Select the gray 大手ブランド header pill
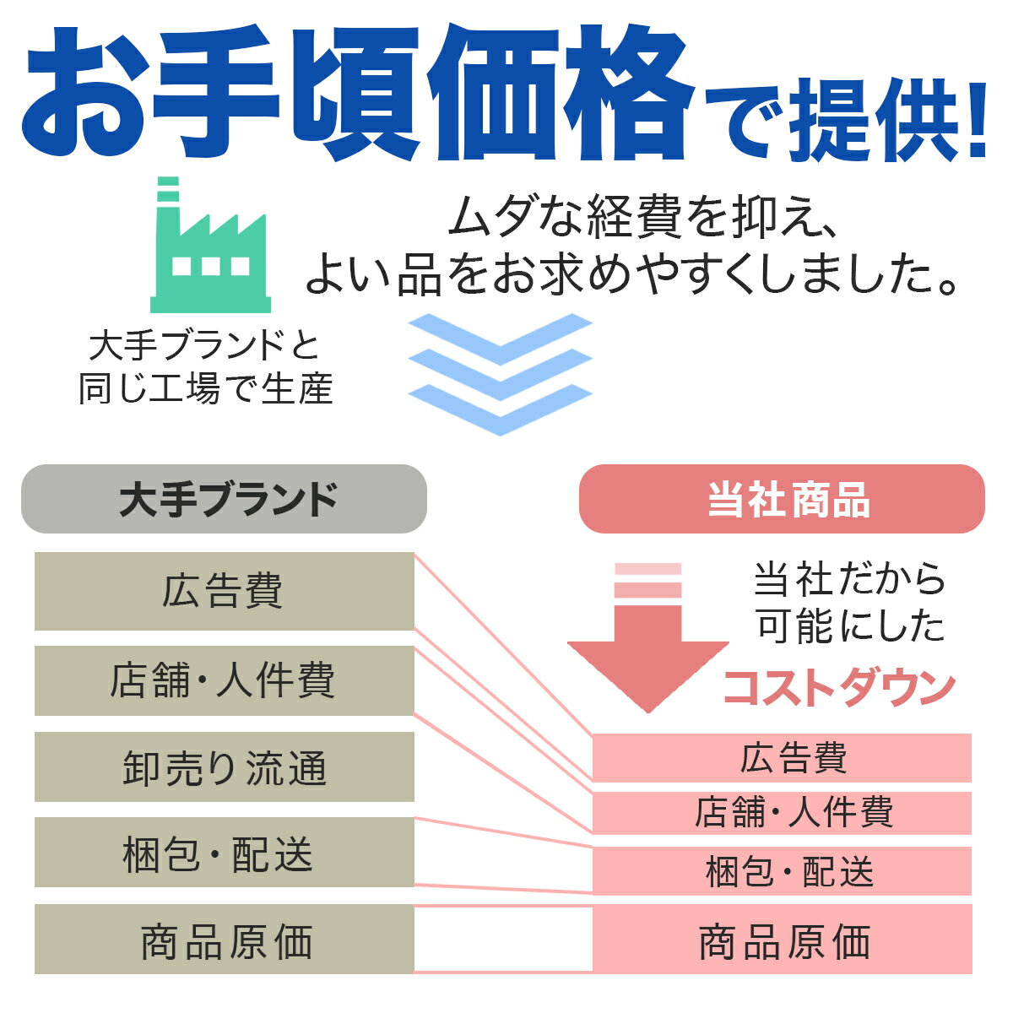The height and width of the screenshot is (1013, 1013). pyautogui.click(x=224, y=498)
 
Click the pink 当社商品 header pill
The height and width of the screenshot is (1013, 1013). pyautogui.click(x=782, y=498)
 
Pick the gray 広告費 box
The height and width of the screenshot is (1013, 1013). pyautogui.click(x=225, y=591)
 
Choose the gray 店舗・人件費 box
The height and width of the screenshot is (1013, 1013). pyautogui.click(x=225, y=680)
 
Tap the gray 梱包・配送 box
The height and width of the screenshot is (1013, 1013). pyautogui.click(x=225, y=852)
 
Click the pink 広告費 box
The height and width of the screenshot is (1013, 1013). pyautogui.click(x=783, y=757)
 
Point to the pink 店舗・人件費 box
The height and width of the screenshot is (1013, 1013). pyautogui.click(x=783, y=812)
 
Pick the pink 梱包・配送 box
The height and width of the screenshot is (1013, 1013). pyautogui.click(x=783, y=870)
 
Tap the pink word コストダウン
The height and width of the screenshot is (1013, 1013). pyautogui.click(x=839, y=689)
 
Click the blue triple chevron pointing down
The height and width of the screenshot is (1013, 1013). pyautogui.click(x=501, y=374)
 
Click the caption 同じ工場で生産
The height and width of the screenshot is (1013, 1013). pyautogui.click(x=205, y=389)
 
